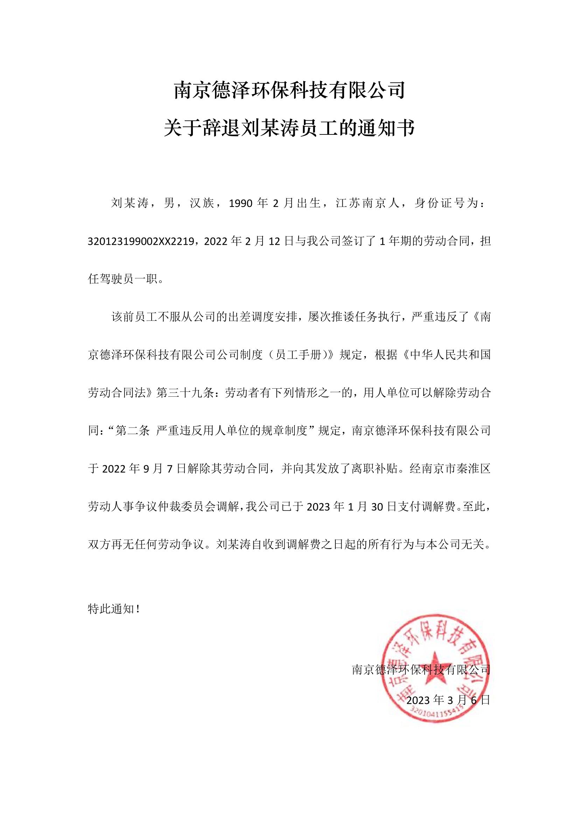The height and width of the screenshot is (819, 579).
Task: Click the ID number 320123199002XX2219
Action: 140,242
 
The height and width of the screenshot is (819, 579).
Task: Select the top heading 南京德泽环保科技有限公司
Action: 289,91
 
